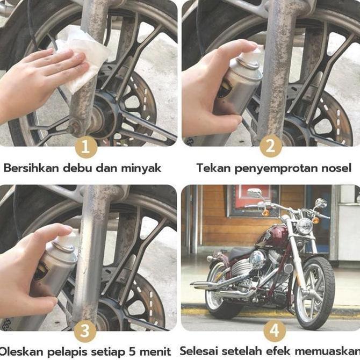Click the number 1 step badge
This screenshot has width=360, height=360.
86,147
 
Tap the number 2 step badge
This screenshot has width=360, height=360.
271,147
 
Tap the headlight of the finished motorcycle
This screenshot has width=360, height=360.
305,226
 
